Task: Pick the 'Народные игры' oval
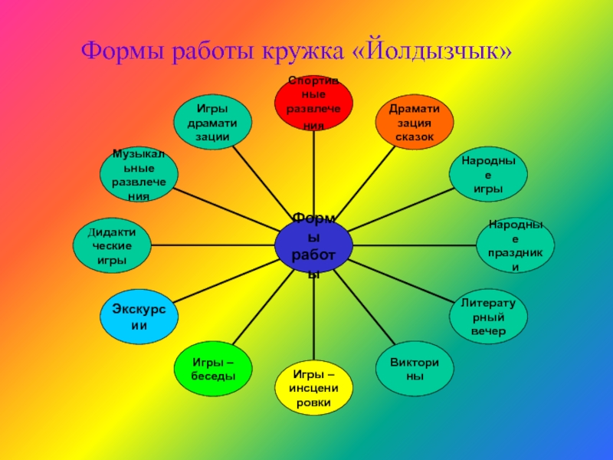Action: coord(488,175)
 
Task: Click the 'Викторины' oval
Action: coord(415,371)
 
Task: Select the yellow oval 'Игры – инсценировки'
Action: coord(313,387)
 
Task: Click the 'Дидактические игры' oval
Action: coord(111,246)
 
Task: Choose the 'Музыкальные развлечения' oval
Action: coord(139,175)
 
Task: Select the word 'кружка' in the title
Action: coord(308,52)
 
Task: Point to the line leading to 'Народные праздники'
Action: coord(414,245)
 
